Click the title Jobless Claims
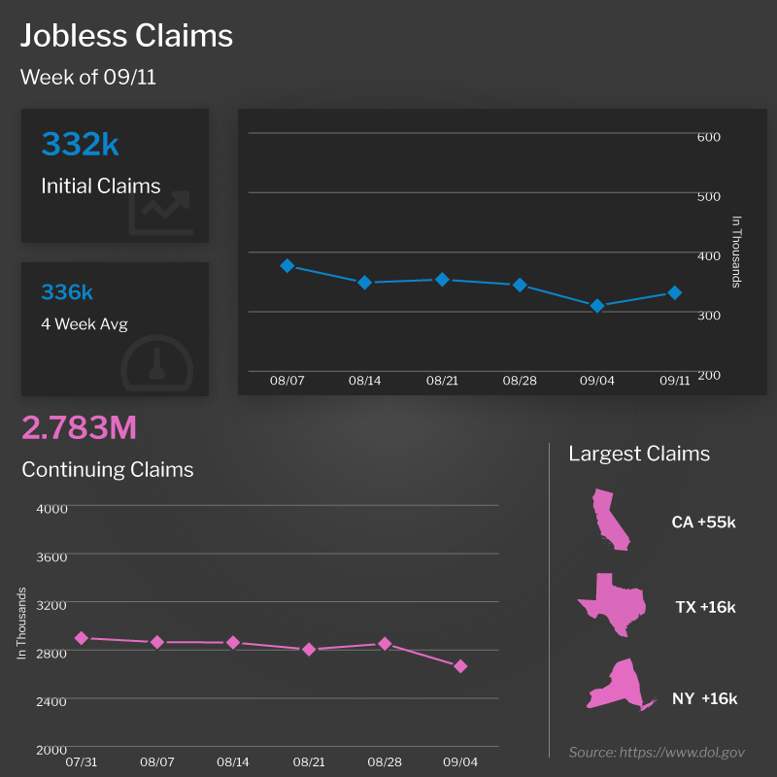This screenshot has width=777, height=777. [x=127, y=37]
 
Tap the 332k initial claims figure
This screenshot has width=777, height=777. [x=80, y=145]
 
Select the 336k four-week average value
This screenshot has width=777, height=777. [x=67, y=292]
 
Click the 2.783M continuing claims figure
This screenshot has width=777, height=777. [x=79, y=427]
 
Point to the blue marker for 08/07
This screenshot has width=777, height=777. [x=287, y=265]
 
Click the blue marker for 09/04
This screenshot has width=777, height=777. [x=597, y=306]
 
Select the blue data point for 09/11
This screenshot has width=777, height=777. [x=674, y=292]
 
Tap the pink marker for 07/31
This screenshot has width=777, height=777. [x=82, y=638]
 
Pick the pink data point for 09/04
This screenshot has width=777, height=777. [x=460, y=666]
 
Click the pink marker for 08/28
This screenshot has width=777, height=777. [x=385, y=643]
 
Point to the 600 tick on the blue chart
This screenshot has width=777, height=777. [x=709, y=137]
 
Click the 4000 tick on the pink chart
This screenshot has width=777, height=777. [x=51, y=508]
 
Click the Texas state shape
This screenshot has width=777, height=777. [x=612, y=604]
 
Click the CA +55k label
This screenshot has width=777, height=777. [x=704, y=523]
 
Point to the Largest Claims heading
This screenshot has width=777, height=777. [x=639, y=454]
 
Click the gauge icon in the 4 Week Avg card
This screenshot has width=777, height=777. [x=158, y=361]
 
